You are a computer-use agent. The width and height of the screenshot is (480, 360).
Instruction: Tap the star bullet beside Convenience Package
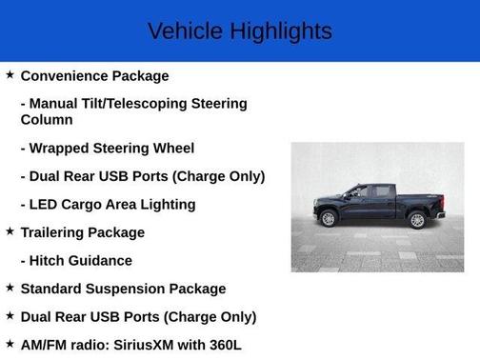tap(10, 74)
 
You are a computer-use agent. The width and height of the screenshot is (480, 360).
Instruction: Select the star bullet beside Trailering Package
tap(10, 230)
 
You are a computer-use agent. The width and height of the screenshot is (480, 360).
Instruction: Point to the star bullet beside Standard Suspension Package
tap(10, 287)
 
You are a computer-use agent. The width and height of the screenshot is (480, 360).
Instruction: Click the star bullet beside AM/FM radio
tap(10, 343)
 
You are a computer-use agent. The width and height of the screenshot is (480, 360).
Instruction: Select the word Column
tap(47, 120)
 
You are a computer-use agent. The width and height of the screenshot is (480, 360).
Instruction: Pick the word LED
tap(45, 204)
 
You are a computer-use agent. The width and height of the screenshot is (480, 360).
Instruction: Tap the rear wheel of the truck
tap(416, 220)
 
